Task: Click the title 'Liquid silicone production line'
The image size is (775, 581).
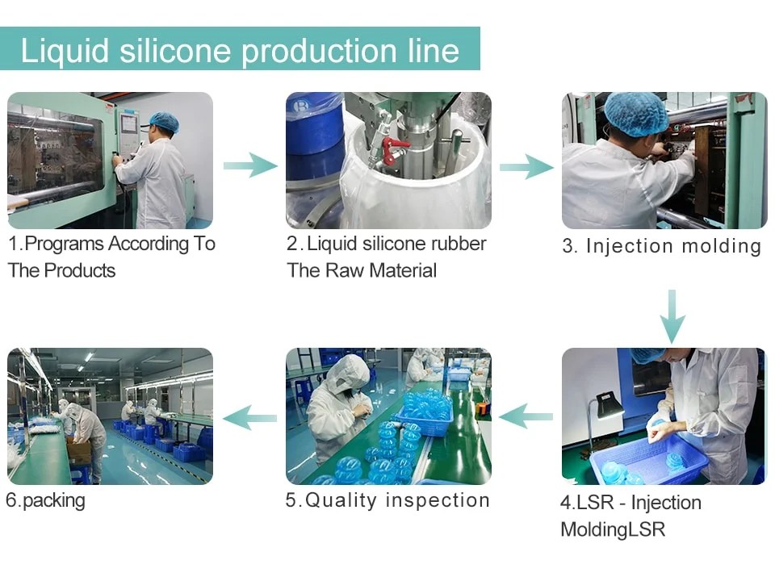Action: click(x=240, y=50)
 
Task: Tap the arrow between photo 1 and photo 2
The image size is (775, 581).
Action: click(x=250, y=165)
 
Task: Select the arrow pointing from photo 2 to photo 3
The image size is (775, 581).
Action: click(x=526, y=166)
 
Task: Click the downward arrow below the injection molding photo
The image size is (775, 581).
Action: click(x=672, y=315)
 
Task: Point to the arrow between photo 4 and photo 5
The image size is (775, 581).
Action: click(x=526, y=416)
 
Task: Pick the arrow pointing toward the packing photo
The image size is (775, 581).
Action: click(x=249, y=417)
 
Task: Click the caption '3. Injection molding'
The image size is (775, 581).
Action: click(x=661, y=246)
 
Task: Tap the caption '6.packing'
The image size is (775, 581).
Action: click(x=45, y=500)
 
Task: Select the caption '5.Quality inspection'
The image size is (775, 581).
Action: click(x=387, y=500)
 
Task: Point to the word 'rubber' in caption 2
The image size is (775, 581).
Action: click(x=459, y=244)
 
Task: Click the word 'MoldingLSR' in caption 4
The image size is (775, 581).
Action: click(x=613, y=530)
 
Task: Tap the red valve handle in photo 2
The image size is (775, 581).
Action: click(x=395, y=150)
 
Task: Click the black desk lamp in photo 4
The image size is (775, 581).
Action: click(x=607, y=403)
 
